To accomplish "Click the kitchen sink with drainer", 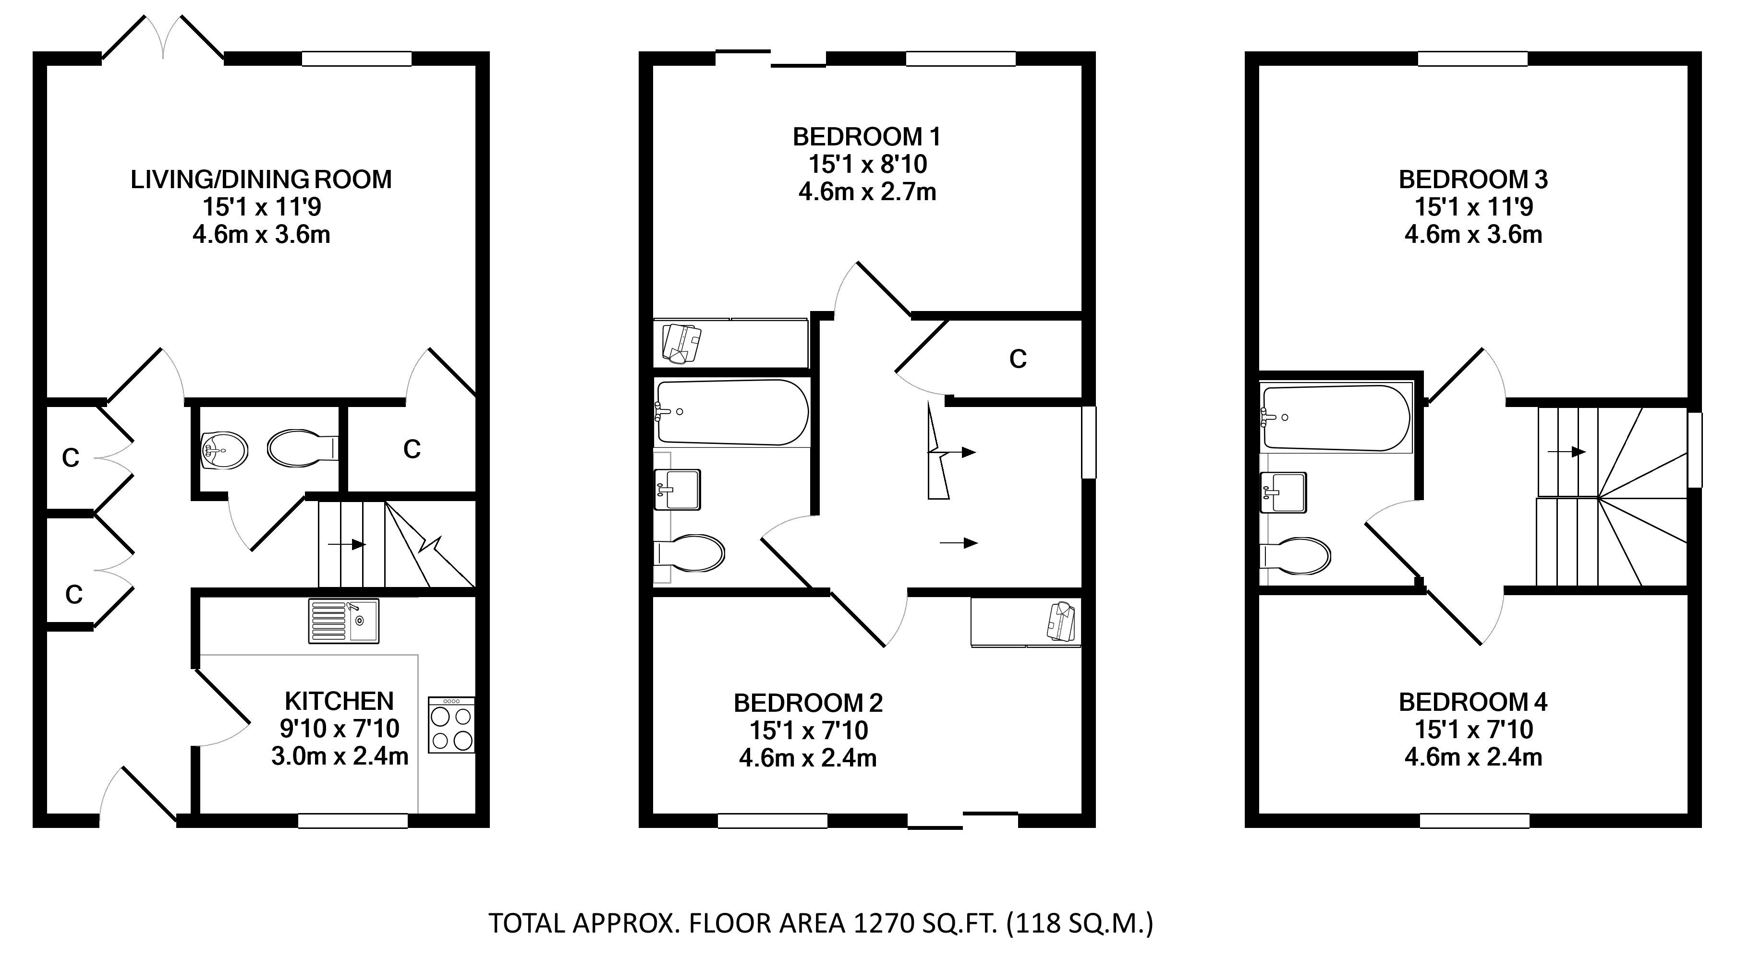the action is click(x=343, y=621).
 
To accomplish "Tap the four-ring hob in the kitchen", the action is click(x=451, y=724).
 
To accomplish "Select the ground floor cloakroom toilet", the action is click(x=304, y=447).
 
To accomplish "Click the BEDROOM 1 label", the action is click(x=866, y=137).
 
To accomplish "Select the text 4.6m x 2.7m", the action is click(x=867, y=192).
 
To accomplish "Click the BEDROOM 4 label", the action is click(x=1473, y=701).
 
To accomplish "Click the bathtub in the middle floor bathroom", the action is click(x=732, y=412).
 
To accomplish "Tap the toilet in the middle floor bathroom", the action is click(x=689, y=552).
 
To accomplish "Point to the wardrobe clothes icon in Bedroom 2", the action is click(x=1062, y=621).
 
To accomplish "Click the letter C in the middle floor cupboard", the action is click(x=1017, y=359).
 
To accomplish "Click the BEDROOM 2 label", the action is click(x=808, y=703).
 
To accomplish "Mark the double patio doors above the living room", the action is click(x=163, y=38).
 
